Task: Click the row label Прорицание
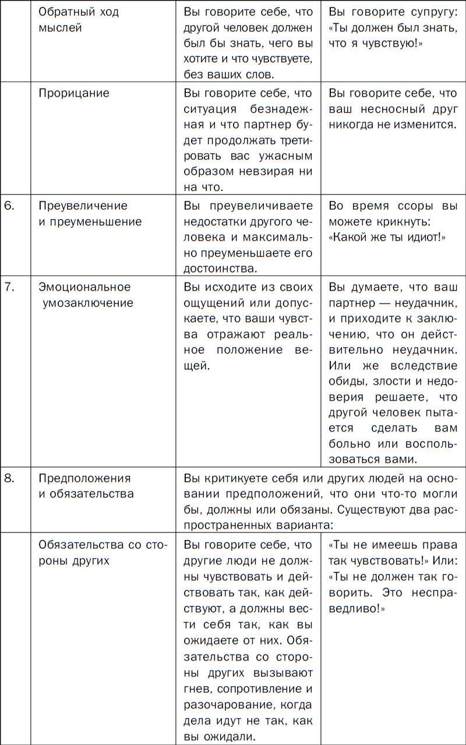(x=74, y=93)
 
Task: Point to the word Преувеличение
(x=83, y=206)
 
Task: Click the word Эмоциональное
(x=84, y=287)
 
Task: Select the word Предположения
(x=84, y=478)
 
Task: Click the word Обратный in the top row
(x=62, y=12)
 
